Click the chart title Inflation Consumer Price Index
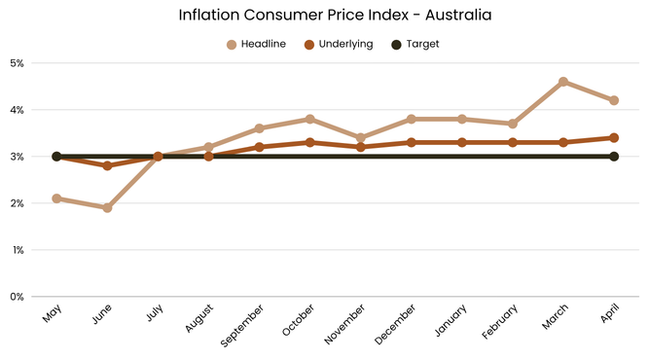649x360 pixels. (x=294, y=15)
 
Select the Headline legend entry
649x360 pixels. (x=257, y=44)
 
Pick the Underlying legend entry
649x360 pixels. (x=339, y=45)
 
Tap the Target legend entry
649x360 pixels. (x=415, y=44)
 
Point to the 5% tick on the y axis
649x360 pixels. (x=17, y=63)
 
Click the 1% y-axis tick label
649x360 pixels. (x=18, y=250)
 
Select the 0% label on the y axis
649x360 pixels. (x=17, y=297)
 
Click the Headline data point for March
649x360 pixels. (x=563, y=82)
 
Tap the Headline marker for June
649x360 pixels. (x=107, y=207)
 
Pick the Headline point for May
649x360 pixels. (x=56, y=198)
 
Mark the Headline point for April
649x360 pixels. (x=614, y=100)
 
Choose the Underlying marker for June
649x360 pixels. (x=107, y=166)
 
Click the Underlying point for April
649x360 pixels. (x=614, y=138)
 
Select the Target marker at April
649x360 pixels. (x=614, y=157)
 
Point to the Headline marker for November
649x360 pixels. (x=361, y=138)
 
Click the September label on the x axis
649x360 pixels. (x=242, y=326)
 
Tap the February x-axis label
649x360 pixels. (x=499, y=321)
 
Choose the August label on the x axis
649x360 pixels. (x=199, y=318)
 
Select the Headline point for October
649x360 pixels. (x=309, y=119)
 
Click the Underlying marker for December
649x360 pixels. (x=411, y=142)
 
